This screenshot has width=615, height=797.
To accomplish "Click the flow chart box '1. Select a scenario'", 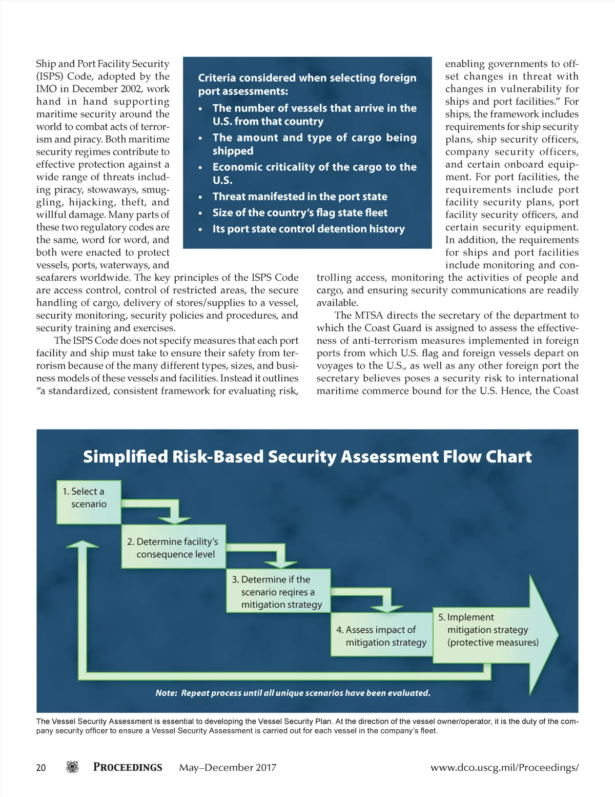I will (89, 502).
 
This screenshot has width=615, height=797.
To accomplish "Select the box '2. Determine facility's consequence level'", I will (173, 547).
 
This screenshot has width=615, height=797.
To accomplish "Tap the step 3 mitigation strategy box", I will (278, 591).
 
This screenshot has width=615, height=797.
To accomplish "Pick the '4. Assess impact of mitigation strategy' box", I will (382, 635).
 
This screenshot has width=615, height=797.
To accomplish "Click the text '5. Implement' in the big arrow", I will (465, 617).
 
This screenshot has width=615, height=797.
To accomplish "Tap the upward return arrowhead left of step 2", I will (82, 545).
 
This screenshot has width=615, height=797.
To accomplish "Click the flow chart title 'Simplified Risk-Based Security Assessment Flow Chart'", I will (307, 456).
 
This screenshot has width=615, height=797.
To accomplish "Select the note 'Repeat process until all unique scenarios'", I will (293, 693).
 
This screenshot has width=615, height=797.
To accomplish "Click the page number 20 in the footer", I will (41, 767).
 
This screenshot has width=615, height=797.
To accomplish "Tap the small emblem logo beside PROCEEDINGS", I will (73, 767).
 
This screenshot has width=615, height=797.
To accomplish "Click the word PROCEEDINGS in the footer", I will (128, 767).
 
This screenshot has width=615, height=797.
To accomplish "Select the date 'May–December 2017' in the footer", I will (228, 767).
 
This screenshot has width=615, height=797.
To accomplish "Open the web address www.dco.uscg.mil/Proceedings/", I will (504, 767).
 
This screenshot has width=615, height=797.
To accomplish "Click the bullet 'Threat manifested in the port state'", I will (300, 197).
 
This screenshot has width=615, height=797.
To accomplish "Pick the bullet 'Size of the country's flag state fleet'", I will (300, 212).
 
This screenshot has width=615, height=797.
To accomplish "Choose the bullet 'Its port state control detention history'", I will (309, 229).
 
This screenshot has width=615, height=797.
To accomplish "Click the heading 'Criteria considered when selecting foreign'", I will (307, 78).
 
